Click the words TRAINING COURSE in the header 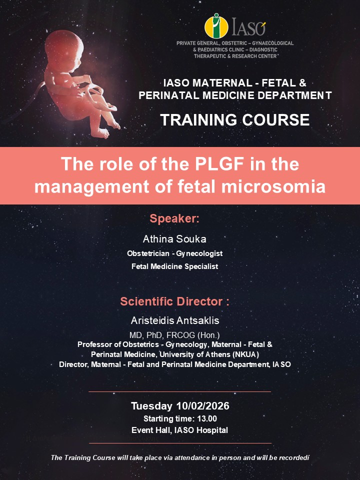[234, 120]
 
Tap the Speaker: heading [174, 218]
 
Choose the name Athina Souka [174, 238]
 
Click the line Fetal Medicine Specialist [174, 266]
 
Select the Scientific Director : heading [174, 302]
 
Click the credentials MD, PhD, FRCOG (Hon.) [174, 335]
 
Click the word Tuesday [149, 405]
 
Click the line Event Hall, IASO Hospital [179, 430]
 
